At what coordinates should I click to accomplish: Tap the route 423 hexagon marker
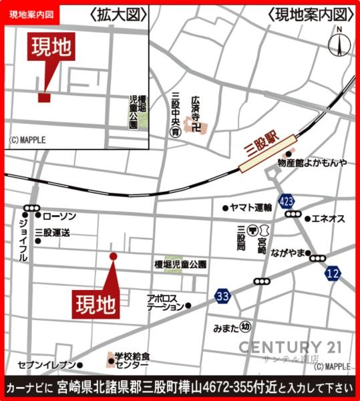tap(287, 200)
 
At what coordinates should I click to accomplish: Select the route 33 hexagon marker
tap(223, 296)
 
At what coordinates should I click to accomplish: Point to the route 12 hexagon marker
tap(333, 273)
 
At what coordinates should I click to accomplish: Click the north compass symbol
tap(339, 44)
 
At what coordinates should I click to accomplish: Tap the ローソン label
tap(59, 217)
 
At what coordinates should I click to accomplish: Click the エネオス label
tap(329, 219)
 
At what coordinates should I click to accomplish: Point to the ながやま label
tap(288, 252)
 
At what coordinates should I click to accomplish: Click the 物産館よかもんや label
tap(313, 162)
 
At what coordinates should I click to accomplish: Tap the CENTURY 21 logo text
tap(290, 347)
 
